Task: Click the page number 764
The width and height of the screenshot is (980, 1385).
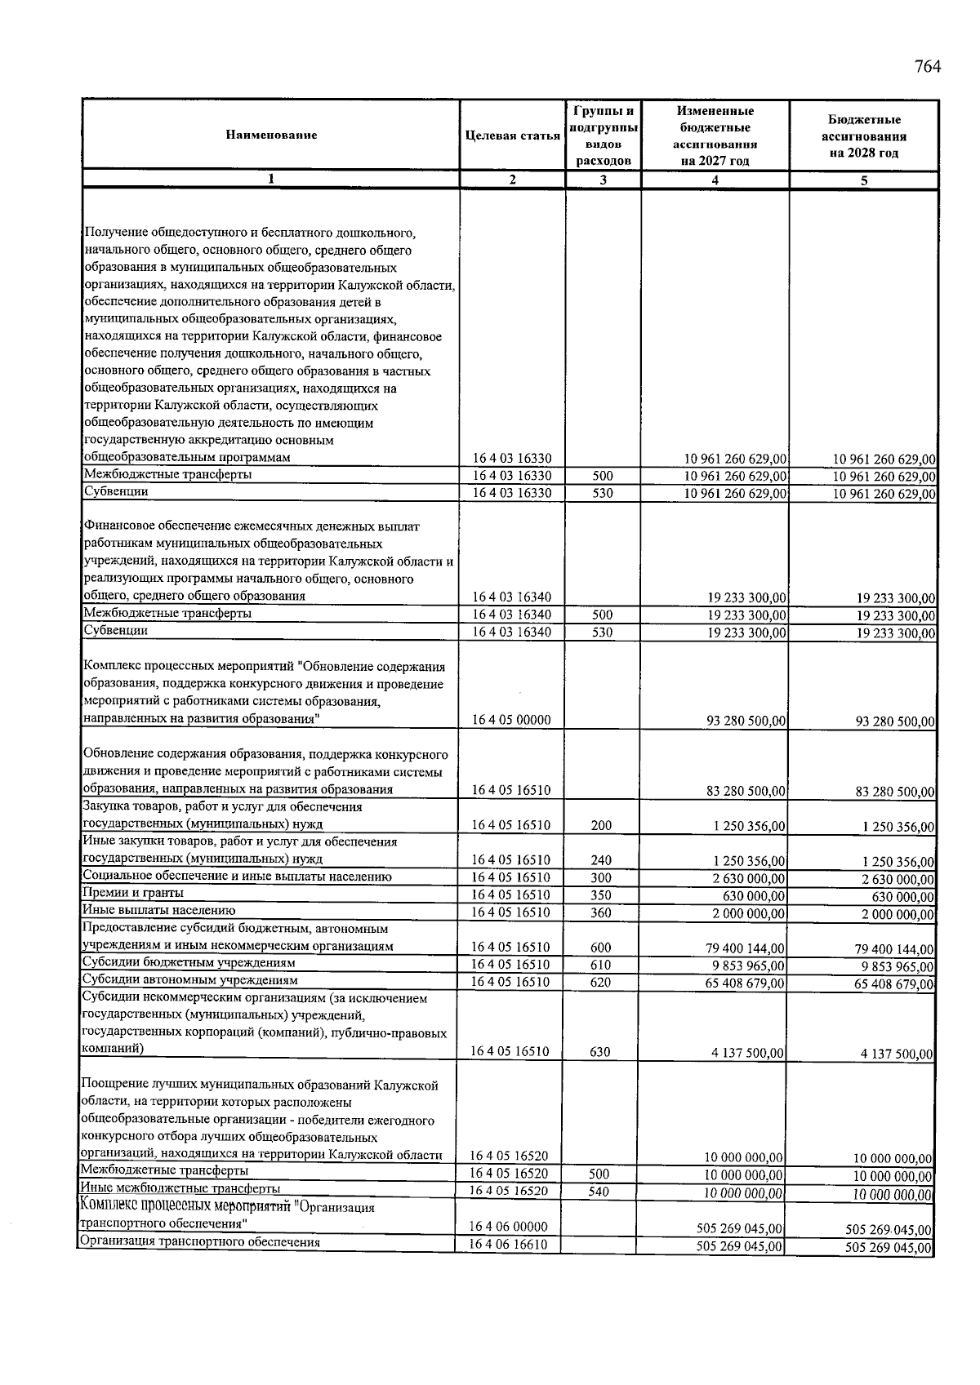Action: (928, 67)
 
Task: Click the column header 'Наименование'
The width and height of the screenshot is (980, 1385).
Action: (271, 135)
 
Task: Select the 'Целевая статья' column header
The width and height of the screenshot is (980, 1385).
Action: (512, 135)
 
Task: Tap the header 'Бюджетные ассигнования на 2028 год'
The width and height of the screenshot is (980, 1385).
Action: (863, 135)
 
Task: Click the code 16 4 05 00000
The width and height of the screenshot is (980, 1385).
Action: (512, 720)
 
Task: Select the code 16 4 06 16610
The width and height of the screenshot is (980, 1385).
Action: (509, 1245)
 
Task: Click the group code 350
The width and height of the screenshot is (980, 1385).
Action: (601, 894)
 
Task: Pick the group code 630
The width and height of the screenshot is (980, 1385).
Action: (600, 1052)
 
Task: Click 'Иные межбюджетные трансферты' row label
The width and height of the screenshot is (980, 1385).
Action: (180, 1188)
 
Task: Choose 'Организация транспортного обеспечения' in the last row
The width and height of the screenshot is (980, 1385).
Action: (198, 1243)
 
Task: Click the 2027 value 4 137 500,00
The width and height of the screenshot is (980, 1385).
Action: (748, 1054)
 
